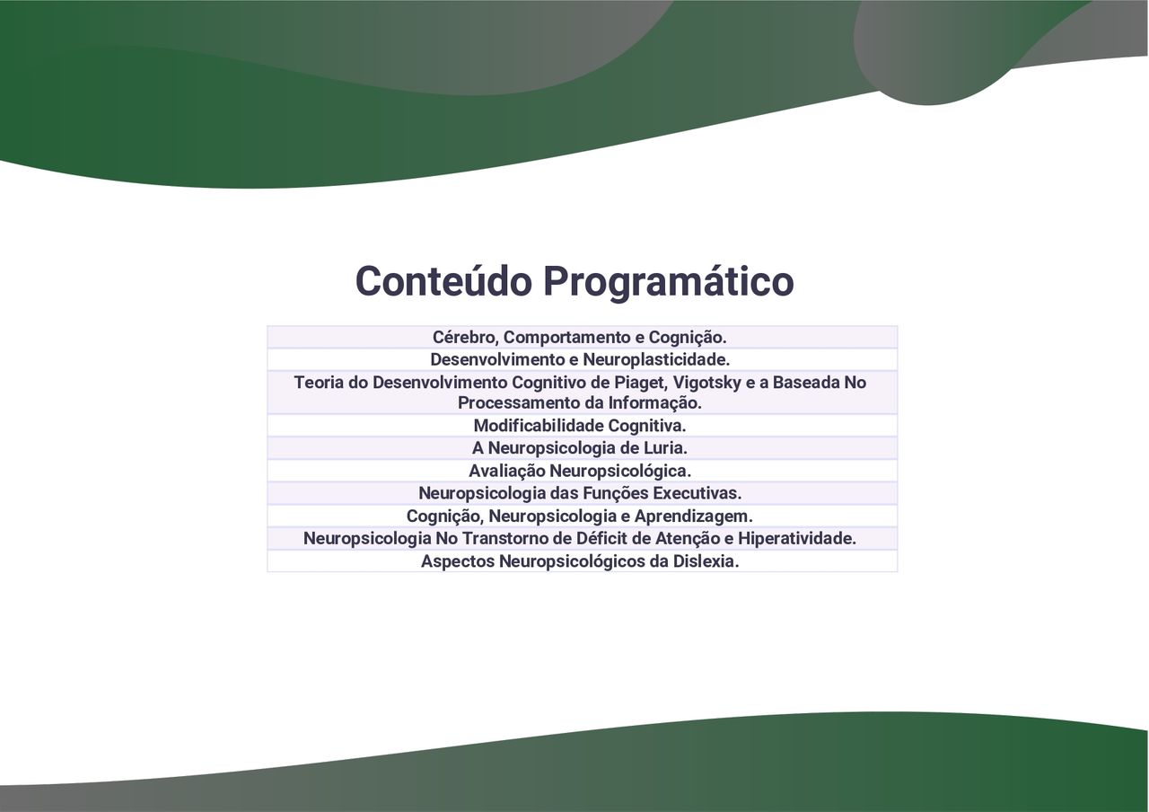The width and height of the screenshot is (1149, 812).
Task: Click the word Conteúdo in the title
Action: [443, 281]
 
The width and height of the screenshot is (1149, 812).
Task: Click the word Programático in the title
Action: [669, 283]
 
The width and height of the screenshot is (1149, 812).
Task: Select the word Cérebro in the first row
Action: [465, 338]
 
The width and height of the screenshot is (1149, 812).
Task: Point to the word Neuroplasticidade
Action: [656, 360]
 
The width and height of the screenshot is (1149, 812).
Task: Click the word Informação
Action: [654, 403]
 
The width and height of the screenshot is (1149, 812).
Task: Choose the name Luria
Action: [666, 448]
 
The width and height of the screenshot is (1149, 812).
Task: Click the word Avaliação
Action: [507, 472]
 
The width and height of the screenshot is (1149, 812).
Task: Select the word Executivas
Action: [697, 494]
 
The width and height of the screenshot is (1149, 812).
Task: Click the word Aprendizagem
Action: [694, 516]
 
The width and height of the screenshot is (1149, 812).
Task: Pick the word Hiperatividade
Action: [797, 539]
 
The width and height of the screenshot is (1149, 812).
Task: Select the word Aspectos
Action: [458, 562]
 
